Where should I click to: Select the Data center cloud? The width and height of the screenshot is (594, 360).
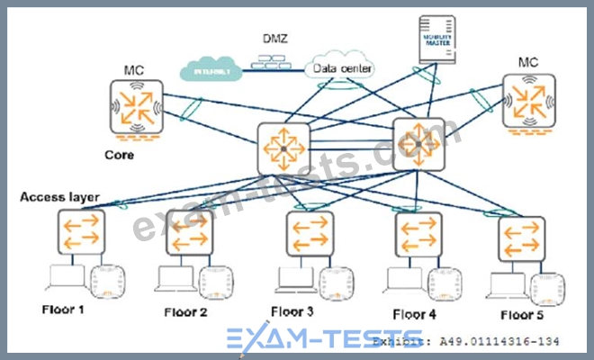pos(343,68)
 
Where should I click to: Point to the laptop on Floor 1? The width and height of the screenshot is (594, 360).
pos(68,283)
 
